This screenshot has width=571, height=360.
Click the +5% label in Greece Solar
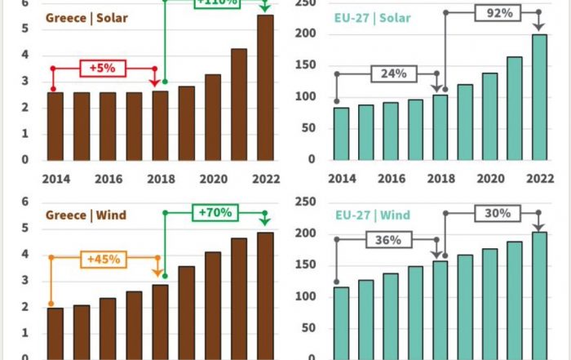coord(103,69)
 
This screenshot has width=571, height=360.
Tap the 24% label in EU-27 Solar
coord(392,73)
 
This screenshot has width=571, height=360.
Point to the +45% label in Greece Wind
coord(104,259)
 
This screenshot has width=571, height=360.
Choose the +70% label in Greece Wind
coord(215,213)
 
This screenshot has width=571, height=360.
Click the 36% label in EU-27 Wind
coord(392,240)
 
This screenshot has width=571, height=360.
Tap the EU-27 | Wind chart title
coord(373,216)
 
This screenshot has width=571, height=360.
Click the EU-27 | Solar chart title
coord(373,17)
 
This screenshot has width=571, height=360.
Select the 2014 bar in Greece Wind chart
coord(55,333)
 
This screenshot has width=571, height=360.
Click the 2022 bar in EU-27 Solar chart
coord(539,97)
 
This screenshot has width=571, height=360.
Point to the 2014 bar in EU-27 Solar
coord(342,134)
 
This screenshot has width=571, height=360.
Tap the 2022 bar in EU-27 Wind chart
coord(539,296)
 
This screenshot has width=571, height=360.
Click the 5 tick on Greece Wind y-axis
coord(25,228)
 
